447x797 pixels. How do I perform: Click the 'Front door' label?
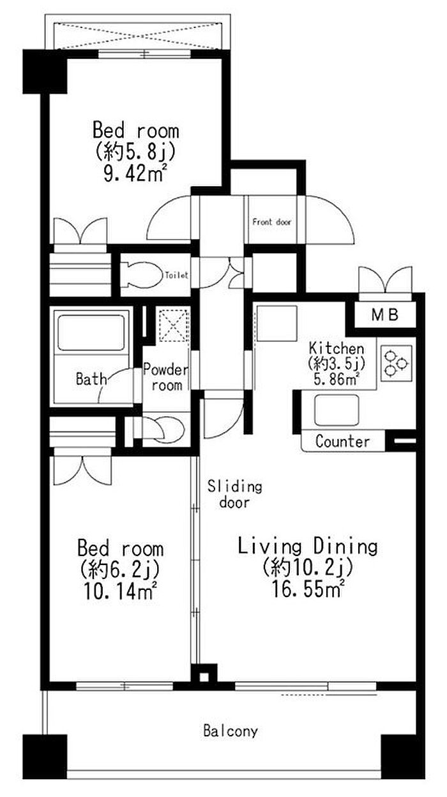click(271, 222)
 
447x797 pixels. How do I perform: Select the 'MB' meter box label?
click(385, 314)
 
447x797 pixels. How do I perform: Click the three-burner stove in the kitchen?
click(396, 363)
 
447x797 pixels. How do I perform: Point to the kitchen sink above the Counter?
click(337, 410)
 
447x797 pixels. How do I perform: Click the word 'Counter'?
click(342, 442)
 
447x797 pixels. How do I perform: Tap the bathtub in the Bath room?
click(91, 332)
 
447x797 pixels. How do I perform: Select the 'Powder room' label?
click(166, 378)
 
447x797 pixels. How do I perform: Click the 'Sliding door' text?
click(235, 495)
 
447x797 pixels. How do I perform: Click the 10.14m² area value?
click(120, 592)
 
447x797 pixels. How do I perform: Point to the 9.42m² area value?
click(135, 174)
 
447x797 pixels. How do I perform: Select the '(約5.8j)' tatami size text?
click(135, 152)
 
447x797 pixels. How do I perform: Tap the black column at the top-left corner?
click(45, 72)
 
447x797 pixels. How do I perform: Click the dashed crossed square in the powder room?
click(173, 325)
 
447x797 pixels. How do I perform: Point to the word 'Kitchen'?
click(337, 348)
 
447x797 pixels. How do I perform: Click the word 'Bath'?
click(91, 379)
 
